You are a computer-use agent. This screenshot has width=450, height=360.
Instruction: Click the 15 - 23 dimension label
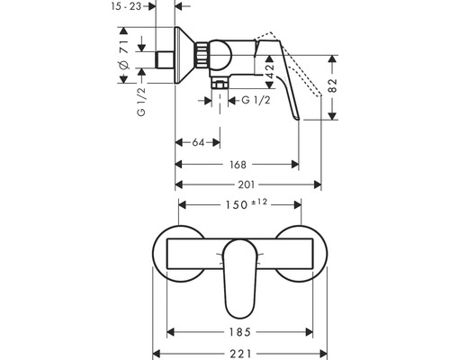126,6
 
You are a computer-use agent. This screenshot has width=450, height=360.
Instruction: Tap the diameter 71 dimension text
123,55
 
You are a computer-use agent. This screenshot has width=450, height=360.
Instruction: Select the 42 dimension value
270,71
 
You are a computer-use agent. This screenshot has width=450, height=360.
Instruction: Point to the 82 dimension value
333,85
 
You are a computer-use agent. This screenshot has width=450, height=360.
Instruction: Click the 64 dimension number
198,142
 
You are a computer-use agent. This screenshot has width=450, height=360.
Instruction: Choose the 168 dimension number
238,165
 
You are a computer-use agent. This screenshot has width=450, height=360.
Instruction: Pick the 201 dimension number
247,184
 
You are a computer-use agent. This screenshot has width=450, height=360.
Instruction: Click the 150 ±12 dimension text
246,204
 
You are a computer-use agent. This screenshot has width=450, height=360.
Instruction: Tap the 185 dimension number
239,332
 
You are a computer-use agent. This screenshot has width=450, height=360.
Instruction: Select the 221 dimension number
240,354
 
